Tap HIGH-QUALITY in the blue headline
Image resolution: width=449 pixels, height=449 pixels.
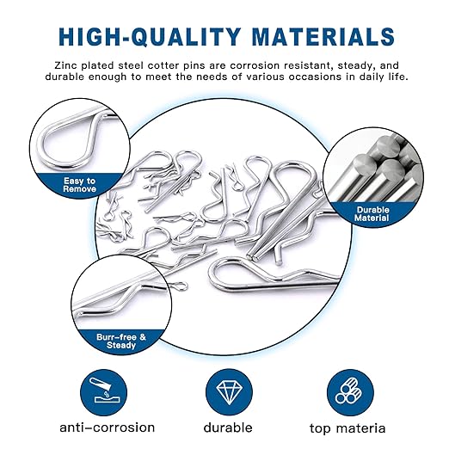[x=150, y=37]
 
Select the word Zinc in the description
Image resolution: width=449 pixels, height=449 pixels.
[x=65, y=65]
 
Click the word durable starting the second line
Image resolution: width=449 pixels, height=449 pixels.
[x=65, y=77]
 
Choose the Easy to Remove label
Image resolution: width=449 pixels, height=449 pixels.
[x=79, y=185]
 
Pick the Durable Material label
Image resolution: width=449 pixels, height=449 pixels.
[x=372, y=214]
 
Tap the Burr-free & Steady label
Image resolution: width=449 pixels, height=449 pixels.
[x=121, y=341]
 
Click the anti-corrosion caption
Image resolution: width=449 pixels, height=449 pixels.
[x=108, y=427]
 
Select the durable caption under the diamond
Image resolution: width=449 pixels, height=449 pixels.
[x=228, y=427]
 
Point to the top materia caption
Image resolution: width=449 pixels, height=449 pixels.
[x=348, y=428]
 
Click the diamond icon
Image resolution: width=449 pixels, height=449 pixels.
[x=229, y=392]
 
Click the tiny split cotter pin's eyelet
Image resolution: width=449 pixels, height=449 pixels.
[x=182, y=286]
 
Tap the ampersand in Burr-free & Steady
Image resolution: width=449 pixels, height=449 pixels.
[x=143, y=337]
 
